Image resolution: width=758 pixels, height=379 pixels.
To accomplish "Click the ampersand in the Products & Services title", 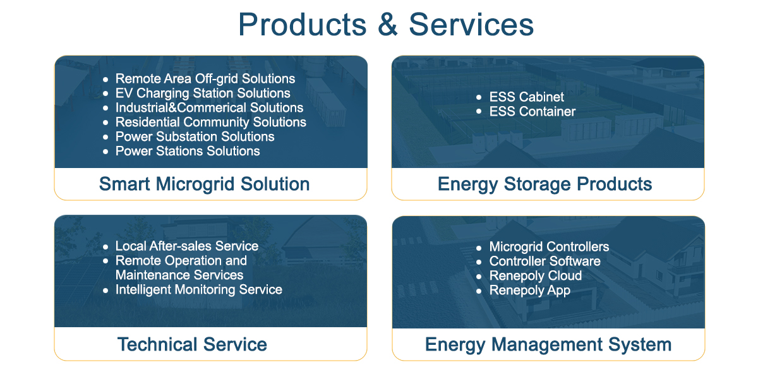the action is pos(388,25).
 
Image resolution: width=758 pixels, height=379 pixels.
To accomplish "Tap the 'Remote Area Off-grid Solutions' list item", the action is pos(205,79).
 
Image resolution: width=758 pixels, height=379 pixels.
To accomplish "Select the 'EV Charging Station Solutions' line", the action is pos(203,93).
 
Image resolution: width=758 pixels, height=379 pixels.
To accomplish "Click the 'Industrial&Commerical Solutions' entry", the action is pos(209,107).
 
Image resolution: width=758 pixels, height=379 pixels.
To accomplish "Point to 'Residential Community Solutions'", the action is pos(210,122).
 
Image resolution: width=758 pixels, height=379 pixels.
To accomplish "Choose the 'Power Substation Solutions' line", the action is pos(195,136).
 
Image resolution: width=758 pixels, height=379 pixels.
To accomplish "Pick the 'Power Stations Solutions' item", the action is pos(188,151).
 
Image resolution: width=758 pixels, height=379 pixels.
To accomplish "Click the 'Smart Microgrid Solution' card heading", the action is pos(205,184).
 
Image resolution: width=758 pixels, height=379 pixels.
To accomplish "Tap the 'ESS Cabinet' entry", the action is pos(527,97).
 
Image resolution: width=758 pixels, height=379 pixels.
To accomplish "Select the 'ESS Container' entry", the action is pos(532,112).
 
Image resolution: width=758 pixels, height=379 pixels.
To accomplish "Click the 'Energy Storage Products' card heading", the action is pos(544,184).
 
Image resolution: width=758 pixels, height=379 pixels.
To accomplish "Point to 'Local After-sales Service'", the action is pos(187,246).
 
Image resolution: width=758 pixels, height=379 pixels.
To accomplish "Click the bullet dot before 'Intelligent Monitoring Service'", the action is pos(105,291).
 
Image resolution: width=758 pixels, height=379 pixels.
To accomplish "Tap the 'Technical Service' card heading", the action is pos(192,344).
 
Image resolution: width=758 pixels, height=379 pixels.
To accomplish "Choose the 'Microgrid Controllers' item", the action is pos(549,247).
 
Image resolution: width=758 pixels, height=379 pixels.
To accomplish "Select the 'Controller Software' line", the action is pos(544,262).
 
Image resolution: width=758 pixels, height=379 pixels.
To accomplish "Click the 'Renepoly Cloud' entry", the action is pos(536,276).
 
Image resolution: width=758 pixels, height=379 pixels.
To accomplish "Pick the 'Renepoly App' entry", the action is pos(529,291).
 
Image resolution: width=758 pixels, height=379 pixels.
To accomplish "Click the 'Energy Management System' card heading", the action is pos(548,344).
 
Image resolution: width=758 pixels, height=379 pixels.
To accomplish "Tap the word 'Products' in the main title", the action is pos(303,25).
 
